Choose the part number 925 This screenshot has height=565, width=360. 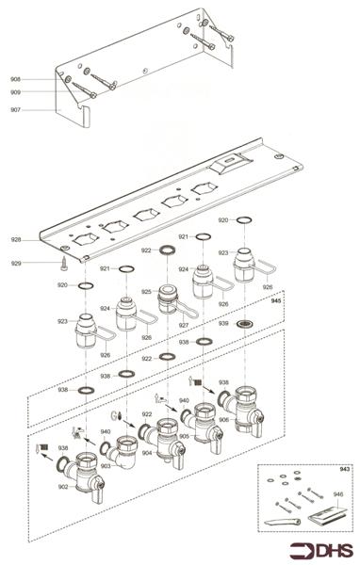147,293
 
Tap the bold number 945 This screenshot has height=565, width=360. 276,303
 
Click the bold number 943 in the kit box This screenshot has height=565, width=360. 344,468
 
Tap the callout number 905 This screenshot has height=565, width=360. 185,436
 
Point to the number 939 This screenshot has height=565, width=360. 223,323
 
